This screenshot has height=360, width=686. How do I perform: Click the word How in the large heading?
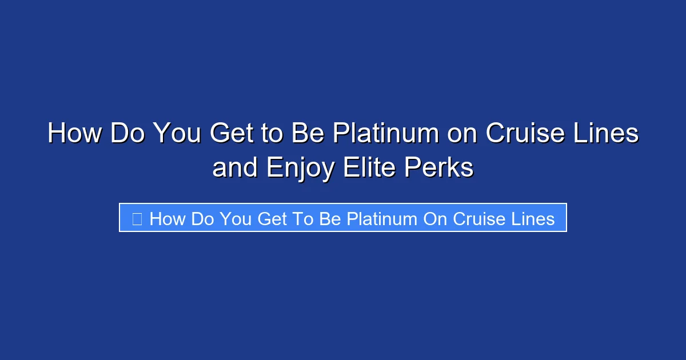[75, 134]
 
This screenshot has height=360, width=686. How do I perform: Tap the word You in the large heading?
[177, 134]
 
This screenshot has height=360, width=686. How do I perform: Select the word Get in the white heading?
[232, 134]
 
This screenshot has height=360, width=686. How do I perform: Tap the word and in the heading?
[235, 169]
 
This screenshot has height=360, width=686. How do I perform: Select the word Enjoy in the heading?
[301, 169]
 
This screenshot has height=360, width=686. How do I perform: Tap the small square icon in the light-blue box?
[137, 218]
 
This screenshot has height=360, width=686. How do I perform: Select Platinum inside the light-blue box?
[382, 218]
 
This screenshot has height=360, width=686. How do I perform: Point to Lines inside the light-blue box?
[533, 218]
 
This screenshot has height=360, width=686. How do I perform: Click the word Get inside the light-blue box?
[272, 218]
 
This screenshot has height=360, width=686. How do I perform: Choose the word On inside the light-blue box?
[435, 218]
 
